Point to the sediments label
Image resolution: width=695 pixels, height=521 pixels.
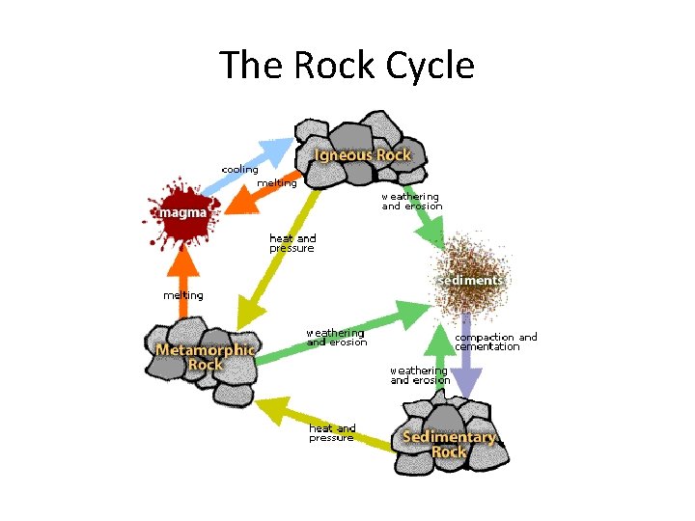point(472,280)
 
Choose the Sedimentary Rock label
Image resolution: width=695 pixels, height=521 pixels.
point(449,444)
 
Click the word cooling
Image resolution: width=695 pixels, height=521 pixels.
point(240,169)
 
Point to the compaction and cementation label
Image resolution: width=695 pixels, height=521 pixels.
point(495,342)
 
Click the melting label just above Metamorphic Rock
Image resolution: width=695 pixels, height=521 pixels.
point(183,295)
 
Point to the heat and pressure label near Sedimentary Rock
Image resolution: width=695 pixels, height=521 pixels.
point(332,432)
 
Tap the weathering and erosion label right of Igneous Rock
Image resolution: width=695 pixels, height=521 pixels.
point(412,201)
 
